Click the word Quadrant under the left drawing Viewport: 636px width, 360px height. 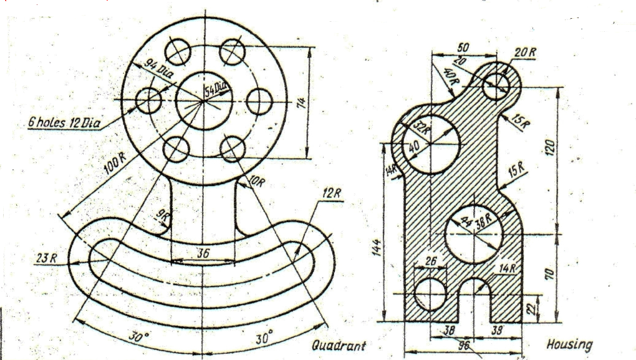click(x=339, y=344)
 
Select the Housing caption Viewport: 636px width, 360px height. click(x=569, y=344)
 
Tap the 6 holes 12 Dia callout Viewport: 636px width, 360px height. click(x=64, y=122)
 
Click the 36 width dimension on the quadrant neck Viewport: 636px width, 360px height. click(x=202, y=253)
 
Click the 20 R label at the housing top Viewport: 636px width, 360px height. click(x=526, y=52)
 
